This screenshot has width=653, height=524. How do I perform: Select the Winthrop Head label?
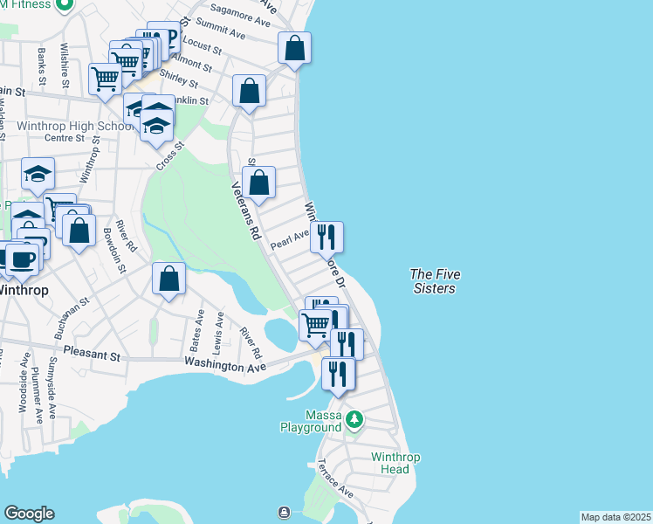tap(395, 463)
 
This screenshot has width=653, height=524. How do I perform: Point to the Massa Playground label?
tap(310, 421)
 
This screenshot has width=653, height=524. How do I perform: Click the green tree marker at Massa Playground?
tap(354, 420)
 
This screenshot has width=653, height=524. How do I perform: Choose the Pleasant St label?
tap(91, 356)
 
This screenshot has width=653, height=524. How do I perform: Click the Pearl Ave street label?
tap(290, 238)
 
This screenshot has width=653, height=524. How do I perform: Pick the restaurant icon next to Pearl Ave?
tap(326, 237)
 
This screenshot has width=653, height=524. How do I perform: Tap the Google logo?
tap(29, 514)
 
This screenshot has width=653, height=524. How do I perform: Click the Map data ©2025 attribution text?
tap(615, 517)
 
